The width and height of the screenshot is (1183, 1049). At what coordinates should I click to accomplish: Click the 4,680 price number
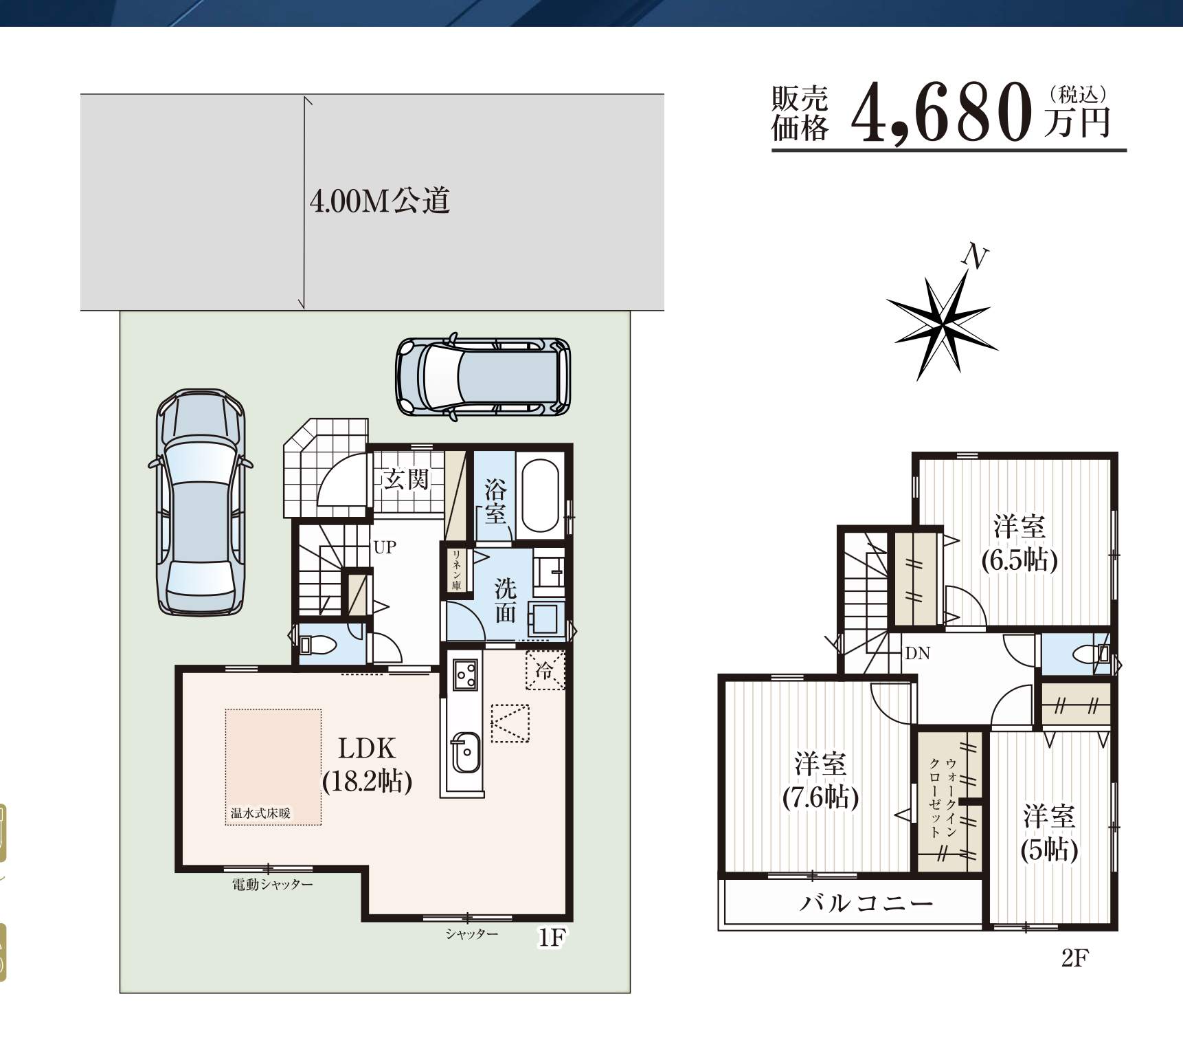coord(942,113)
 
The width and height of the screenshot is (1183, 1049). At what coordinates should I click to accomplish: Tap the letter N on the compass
coord(975,256)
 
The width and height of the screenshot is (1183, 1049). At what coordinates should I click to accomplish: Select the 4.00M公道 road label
coord(380,201)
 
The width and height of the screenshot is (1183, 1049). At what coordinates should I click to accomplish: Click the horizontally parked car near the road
coord(484,377)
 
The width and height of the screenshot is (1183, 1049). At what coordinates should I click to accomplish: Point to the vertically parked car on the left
coord(201,503)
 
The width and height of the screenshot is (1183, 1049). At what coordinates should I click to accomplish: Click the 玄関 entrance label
coord(406,479)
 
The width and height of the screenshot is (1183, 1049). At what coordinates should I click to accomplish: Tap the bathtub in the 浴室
coord(539,495)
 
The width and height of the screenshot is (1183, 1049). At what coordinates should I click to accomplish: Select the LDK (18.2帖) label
coord(367,764)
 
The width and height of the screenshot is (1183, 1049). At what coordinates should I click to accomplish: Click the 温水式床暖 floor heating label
coord(260,813)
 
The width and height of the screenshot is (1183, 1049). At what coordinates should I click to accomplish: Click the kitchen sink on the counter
coord(466,753)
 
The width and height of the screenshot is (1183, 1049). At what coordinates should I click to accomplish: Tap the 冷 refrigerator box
coord(545,670)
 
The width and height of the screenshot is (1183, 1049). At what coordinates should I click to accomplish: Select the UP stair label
coord(385,547)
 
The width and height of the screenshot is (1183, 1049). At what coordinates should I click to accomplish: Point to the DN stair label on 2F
coord(918,653)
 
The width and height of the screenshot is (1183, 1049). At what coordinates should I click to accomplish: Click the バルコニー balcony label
coord(866,903)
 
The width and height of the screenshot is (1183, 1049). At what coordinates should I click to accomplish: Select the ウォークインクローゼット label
coord(942,797)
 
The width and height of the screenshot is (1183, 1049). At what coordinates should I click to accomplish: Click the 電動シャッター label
coord(272,885)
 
